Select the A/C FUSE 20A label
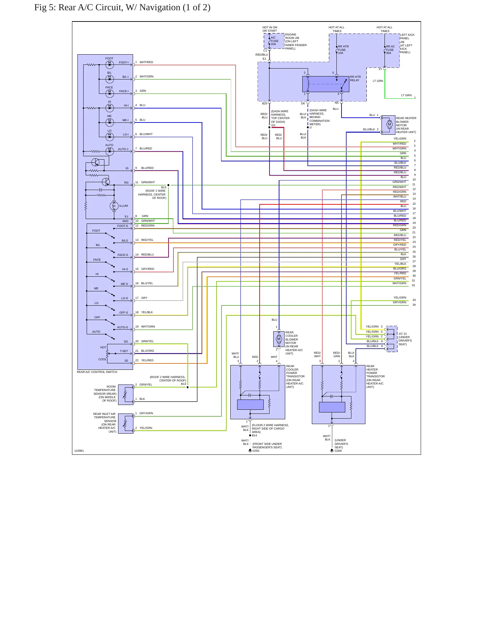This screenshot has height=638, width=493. point(275,41)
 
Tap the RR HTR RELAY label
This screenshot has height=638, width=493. point(356,78)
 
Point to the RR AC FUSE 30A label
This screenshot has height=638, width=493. point(390,50)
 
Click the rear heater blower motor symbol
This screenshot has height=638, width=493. point(389,125)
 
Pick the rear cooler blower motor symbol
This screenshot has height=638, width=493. point(279,339)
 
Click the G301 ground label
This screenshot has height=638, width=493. point(256,451)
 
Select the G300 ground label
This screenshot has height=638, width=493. point(338,451)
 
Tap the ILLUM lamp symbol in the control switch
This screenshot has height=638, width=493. point(114,206)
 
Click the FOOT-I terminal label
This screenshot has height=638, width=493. point(124,62)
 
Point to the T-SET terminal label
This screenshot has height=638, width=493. point(124,351)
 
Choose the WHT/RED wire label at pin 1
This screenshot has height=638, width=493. point(146,62)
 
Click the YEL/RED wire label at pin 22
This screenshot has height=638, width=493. point(147,360)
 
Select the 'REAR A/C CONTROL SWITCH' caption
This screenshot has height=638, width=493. point(97,372)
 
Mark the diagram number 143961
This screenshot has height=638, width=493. point(79,451)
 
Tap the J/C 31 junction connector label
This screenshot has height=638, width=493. point(403,334)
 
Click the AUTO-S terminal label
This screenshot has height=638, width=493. point(122,327)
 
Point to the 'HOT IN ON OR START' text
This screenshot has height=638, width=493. point(270,29)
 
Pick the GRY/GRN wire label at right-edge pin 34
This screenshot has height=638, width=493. point(400,302)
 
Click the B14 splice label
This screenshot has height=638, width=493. point(255,435)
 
